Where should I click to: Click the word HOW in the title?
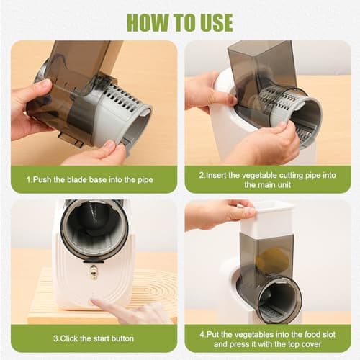pos(148,22)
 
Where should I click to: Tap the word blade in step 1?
pos(77,179)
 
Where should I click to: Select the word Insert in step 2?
pos(216,175)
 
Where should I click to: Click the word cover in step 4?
pos(311,344)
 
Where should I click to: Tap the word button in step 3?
pos(123,338)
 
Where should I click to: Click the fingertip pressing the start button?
pos(94,303)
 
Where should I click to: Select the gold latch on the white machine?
pos(93,270)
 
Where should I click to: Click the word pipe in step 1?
pos(145,180)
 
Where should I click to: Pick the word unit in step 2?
pos(284,185)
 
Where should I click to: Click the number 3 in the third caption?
pos(55,338)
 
